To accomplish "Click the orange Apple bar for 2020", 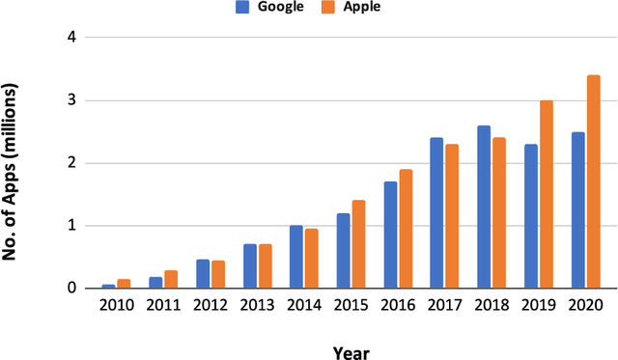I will click(x=594, y=181).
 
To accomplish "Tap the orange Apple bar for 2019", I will click(x=547, y=194).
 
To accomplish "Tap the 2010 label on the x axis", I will click(x=116, y=305).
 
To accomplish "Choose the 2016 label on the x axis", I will click(x=398, y=305).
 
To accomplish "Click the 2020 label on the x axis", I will click(x=585, y=305).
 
